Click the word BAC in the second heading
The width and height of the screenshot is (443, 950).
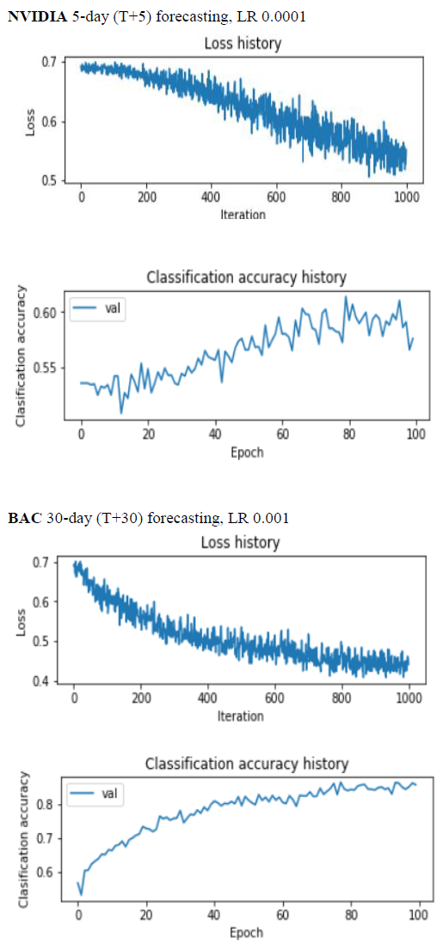[x=20, y=519]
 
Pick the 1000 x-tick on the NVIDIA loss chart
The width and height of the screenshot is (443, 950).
[x=406, y=198]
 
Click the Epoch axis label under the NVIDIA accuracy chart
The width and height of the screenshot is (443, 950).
[x=247, y=453]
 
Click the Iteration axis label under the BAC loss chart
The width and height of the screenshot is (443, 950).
[x=240, y=716]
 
